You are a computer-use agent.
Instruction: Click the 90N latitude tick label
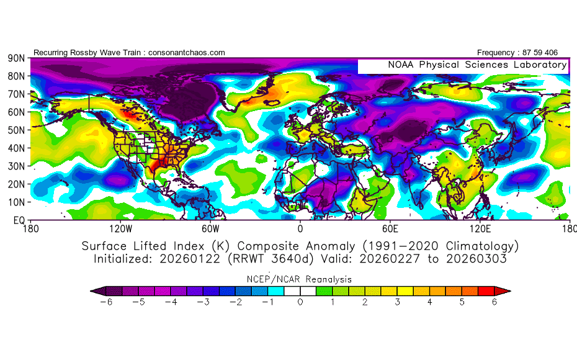pyautogui.click(x=16, y=58)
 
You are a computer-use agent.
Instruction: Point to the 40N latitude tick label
pyautogui.click(x=16, y=148)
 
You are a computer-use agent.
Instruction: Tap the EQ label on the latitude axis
pyautogui.click(x=18, y=220)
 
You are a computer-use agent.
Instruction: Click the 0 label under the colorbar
pyautogui.click(x=300, y=302)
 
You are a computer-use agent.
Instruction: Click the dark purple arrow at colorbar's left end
pyautogui.click(x=97, y=290)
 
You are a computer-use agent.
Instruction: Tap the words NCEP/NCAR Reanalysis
pyautogui.click(x=300, y=279)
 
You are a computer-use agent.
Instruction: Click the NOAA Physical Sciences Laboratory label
pyautogui.click(x=476, y=65)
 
